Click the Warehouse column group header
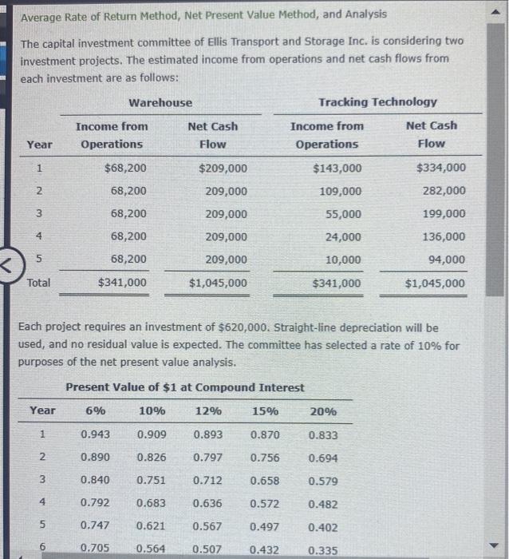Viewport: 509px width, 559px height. point(160,102)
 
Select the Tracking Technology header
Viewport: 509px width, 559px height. point(377,102)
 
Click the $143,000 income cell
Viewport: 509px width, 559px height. point(338,168)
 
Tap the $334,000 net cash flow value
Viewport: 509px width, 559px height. point(441,168)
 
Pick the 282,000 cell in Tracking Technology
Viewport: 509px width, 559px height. point(444,191)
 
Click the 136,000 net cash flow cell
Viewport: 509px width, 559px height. point(444,237)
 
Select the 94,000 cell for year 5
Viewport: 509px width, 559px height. point(448,260)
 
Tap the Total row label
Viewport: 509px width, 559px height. point(39,283)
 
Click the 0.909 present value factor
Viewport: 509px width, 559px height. point(152,435)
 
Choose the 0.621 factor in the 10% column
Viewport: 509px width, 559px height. point(152,527)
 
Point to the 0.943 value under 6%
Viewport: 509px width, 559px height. point(96,435)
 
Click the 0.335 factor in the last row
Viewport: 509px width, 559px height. point(322,549)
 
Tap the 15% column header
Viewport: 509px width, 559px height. point(265,411)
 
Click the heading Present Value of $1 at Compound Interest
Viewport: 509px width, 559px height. point(185,387)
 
